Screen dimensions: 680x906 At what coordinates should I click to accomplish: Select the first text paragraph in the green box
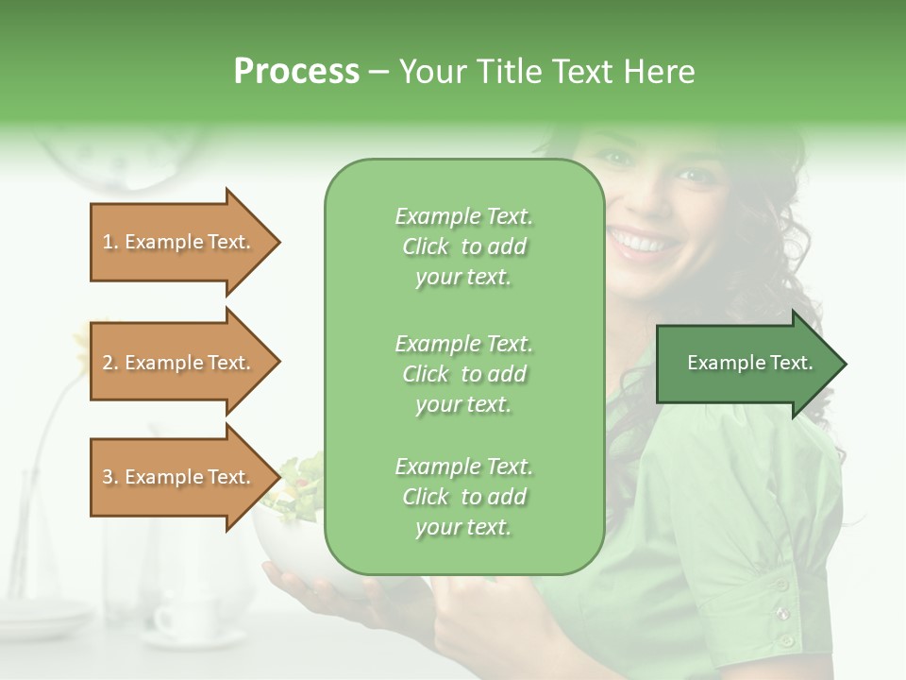pyautogui.click(x=463, y=246)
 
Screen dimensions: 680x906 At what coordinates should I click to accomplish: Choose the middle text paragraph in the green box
pyautogui.click(x=463, y=374)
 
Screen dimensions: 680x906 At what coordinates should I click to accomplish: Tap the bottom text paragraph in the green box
pyautogui.click(x=463, y=497)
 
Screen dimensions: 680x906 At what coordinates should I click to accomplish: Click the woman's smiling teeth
pyautogui.click(x=646, y=244)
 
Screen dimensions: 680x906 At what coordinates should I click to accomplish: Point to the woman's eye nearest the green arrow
pyautogui.click(x=696, y=175)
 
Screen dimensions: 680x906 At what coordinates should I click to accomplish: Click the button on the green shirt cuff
pyautogui.click(x=782, y=614)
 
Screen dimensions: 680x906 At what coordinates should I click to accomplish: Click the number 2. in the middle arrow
pyautogui.click(x=110, y=363)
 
